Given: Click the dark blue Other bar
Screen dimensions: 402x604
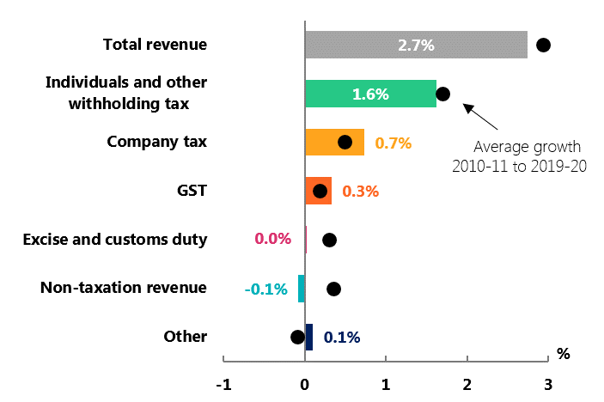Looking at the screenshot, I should [308, 337].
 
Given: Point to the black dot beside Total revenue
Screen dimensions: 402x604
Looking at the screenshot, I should [543, 45].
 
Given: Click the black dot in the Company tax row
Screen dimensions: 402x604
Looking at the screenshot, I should [345, 142].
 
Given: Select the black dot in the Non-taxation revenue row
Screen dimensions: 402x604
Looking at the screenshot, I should [333, 289].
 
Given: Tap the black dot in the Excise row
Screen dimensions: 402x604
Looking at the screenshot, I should [329, 240].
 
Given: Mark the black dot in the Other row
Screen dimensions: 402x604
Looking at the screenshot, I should [297, 337].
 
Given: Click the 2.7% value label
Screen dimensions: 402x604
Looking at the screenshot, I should [416, 45].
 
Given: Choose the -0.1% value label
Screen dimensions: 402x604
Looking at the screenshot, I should [265, 289].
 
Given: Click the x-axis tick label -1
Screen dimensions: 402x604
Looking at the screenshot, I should [223, 382].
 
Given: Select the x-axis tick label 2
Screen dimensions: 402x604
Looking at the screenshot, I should [467, 382].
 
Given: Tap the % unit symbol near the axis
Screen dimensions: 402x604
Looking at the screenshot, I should [563, 353].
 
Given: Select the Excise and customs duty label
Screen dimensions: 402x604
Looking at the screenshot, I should [114, 240].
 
